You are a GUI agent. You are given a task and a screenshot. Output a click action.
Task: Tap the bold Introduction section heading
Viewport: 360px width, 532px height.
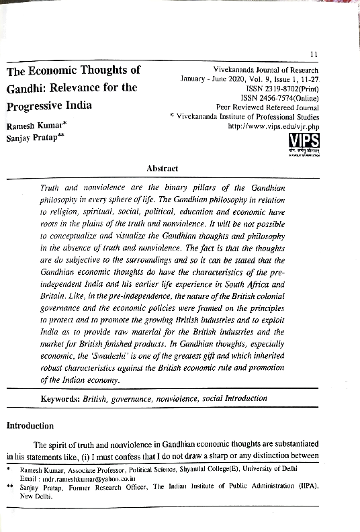30,425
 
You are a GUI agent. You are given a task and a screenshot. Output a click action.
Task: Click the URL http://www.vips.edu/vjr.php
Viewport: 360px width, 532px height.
273,126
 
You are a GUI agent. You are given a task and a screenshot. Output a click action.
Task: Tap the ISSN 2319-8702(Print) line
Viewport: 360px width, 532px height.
282,88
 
